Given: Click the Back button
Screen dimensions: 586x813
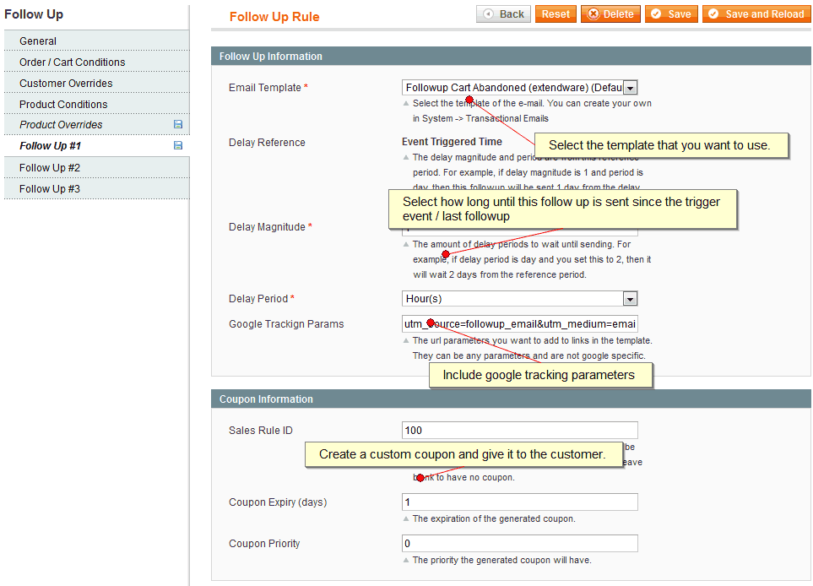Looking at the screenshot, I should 503,14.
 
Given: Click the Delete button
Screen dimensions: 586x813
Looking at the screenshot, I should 610,14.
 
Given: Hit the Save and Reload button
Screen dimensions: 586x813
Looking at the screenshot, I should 756,14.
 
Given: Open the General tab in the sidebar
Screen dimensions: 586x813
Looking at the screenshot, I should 38,41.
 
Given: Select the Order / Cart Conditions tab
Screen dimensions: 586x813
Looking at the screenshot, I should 72,62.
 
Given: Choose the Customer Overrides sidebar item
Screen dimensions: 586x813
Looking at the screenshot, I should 66,83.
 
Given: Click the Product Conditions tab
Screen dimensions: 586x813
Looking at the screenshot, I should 63,104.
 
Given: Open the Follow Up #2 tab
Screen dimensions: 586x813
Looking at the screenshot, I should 50,167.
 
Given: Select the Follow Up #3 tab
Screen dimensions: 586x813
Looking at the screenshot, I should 50,188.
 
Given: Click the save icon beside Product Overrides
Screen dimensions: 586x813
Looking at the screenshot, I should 178,124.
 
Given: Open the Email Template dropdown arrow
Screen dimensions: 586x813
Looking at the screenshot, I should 630,88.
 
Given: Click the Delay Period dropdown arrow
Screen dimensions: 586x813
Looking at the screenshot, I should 630,299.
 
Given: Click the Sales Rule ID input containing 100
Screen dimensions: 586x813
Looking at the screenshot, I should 519,431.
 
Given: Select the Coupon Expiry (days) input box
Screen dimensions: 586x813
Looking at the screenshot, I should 519,502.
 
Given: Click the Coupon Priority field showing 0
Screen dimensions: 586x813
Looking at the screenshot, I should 519,544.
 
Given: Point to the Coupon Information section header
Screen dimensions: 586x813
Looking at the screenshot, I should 266,399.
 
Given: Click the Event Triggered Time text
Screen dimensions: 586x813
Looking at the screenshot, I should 452,142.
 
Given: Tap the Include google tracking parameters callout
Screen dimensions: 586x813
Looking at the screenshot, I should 539,375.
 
